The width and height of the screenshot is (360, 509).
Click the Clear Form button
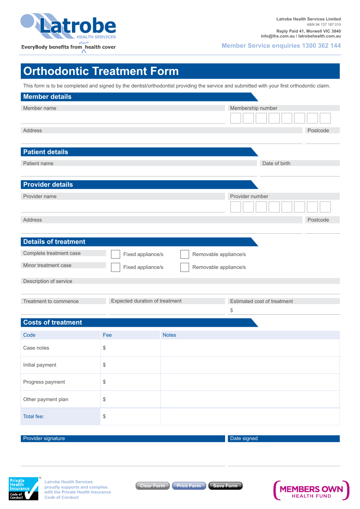152,486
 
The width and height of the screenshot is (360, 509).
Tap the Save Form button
225,486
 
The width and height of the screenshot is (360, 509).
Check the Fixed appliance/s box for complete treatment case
116,254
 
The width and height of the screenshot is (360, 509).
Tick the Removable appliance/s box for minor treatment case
185,267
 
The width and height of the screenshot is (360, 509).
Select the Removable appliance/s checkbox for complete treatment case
185,254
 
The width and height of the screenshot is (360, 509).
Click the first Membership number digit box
236,118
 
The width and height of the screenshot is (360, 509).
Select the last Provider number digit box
325,207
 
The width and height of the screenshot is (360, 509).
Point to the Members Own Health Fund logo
311,490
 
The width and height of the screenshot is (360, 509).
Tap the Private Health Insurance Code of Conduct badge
23,489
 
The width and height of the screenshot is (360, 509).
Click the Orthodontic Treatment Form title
101,71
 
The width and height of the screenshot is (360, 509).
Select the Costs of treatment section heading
53,323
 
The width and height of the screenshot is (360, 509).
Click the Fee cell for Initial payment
130,365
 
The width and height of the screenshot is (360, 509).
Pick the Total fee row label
34,417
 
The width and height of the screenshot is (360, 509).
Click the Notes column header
169,335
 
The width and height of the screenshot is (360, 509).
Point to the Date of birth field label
276,164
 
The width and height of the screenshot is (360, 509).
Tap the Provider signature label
44,439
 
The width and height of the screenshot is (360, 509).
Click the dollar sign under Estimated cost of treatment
232,311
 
